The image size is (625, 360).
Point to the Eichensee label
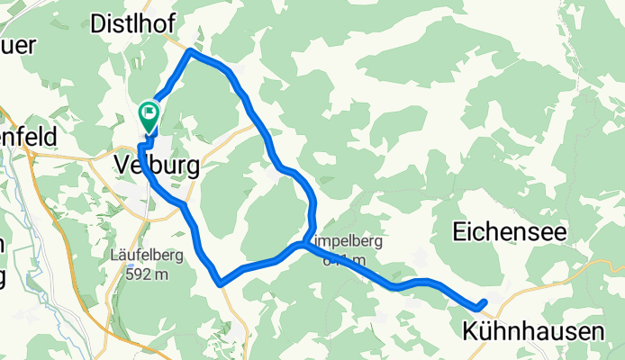(x=509, y=232)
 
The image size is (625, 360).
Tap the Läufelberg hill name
(x=148, y=255)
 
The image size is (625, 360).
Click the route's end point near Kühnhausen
(x=485, y=303)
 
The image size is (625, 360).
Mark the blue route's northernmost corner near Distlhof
(x=190, y=52)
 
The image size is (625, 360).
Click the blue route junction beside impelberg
(x=299, y=245)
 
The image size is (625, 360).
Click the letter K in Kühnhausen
(x=471, y=331)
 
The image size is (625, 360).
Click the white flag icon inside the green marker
(x=148, y=113)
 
